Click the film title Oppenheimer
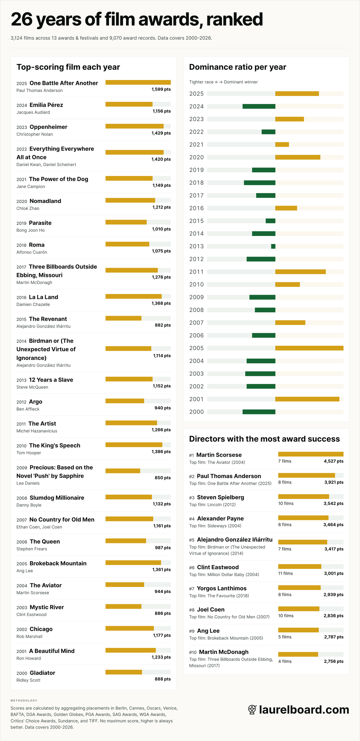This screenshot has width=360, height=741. pyautogui.click(x=48, y=127)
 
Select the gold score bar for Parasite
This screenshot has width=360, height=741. pyautogui.click(x=126, y=222)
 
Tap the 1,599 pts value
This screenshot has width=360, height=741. pyautogui.click(x=161, y=89)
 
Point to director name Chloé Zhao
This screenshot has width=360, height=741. pyautogui.click(x=28, y=208)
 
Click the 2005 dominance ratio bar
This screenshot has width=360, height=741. pyautogui.click(x=309, y=348)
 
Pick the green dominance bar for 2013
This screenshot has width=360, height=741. pyautogui.click(x=273, y=246)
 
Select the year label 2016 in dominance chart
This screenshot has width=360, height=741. pyautogui.click(x=196, y=208)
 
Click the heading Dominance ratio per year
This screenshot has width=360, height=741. pyautogui.click(x=237, y=67)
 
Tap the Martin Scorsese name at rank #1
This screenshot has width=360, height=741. pyautogui.click(x=219, y=455)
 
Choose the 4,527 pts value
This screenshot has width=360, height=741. pyautogui.click(x=333, y=461)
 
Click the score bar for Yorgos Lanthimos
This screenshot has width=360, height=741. pyautogui.click(x=299, y=588)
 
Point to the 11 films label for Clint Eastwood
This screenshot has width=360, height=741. pyautogui.click(x=285, y=573)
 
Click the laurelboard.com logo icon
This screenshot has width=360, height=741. pyautogui.click(x=252, y=710)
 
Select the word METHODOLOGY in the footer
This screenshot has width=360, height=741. pyautogui.click(x=24, y=701)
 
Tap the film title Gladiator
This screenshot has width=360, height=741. pyautogui.click(x=42, y=673)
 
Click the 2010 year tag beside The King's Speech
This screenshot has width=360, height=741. pyautogui.click(x=21, y=446)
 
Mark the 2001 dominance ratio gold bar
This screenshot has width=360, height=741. pyautogui.click(x=307, y=399)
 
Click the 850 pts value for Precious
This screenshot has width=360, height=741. pyautogui.click(x=162, y=478)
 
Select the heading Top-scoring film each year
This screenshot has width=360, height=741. pyautogui.click(x=68, y=67)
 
